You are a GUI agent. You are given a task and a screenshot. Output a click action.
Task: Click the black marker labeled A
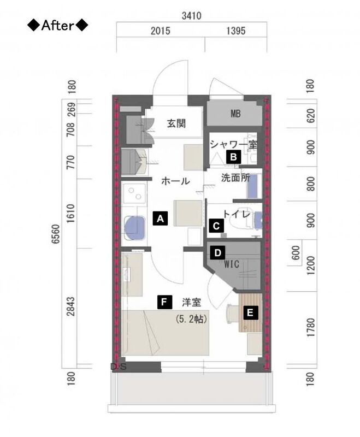point(160,218)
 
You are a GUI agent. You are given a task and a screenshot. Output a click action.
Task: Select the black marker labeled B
point(233,157)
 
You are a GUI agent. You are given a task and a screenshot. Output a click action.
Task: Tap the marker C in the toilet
point(216,226)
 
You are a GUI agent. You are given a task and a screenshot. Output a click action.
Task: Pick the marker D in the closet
point(217,253)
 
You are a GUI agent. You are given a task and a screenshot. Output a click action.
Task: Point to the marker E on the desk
point(250,312)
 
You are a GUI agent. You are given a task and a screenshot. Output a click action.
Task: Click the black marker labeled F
point(164,302)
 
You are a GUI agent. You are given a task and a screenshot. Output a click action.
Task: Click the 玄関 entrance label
point(176,123)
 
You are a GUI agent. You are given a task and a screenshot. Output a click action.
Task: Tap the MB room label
point(235,114)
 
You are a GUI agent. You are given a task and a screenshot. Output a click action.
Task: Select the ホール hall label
point(175,181)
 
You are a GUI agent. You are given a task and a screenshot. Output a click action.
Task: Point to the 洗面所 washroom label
point(235,178)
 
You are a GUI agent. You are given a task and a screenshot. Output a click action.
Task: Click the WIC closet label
point(232,264)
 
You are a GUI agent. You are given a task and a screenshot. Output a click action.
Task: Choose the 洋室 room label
point(191,303)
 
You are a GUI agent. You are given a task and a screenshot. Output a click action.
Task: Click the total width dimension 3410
point(191,16)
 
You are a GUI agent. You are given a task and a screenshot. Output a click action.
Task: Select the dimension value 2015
point(161,31)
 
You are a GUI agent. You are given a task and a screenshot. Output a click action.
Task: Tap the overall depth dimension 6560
point(56,234)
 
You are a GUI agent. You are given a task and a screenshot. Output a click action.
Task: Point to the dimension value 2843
point(71,306)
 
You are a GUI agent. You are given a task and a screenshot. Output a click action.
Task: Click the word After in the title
point(58,26)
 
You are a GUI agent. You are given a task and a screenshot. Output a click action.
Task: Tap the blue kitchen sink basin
point(135,228)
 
